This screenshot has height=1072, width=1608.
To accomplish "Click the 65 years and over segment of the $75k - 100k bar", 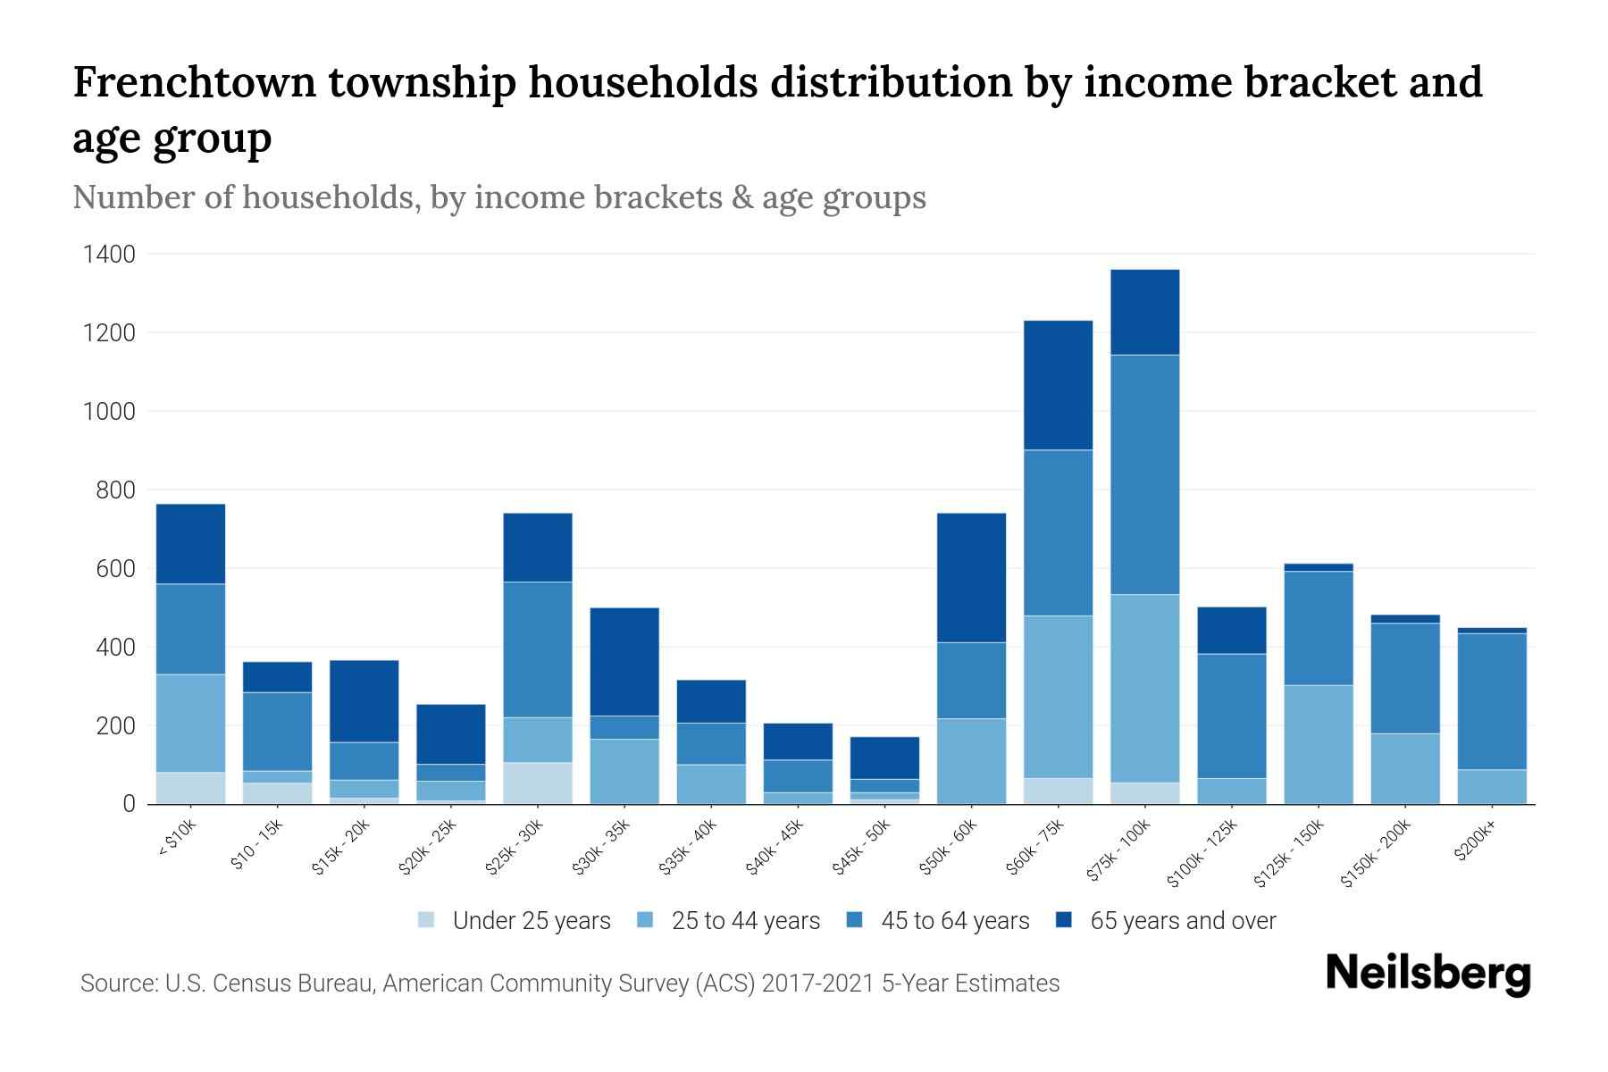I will (1144, 312).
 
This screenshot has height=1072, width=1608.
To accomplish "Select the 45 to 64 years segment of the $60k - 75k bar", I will (1058, 532).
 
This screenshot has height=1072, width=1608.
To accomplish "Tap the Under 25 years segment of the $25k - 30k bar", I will (538, 783).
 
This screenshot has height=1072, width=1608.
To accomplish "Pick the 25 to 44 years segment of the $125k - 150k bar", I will (1318, 744).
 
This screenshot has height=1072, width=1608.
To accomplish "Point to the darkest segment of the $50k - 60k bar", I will (971, 577).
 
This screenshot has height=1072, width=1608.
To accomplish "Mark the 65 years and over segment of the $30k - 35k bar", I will (624, 661).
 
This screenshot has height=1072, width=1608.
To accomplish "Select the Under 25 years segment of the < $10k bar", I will (190, 788).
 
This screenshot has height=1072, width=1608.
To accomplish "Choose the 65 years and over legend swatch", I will (1064, 920).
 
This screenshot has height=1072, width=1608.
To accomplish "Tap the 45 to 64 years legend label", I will (955, 921).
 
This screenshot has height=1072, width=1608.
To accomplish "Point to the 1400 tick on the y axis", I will (109, 255).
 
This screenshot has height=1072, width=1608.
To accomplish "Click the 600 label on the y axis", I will (116, 569).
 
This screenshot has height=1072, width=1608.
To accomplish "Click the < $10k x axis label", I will (176, 839).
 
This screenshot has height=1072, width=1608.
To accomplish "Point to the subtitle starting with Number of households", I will (498, 197).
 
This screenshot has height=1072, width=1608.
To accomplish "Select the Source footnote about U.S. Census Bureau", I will (569, 984).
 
